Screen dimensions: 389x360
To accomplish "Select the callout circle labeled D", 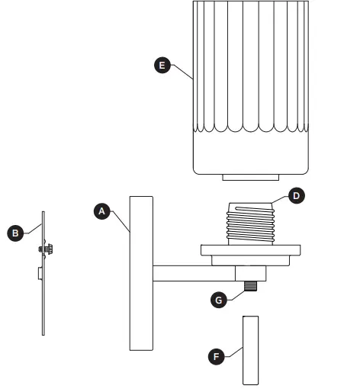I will (x=297, y=196).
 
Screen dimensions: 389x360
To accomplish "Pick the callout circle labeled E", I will (x=161, y=66).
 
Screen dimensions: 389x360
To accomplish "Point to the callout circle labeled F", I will (x=217, y=356).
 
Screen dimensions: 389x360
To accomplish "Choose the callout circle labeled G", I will (x=218, y=300).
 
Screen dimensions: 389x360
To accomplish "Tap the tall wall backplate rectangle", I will (x=141, y=272).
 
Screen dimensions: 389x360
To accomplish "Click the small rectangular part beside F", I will (x=251, y=350).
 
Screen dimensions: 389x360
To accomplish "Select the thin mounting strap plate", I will (x=43, y=297).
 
